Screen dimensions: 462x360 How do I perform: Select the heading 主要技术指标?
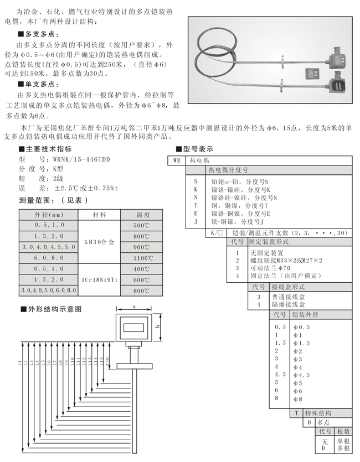(x=49, y=149)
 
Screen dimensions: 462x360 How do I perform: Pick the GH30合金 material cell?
(x=104, y=242)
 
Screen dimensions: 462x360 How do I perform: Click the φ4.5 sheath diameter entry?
(x=301, y=375)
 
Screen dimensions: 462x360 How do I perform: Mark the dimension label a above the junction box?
(x=135, y=305)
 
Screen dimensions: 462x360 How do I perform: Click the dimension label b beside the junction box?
(x=157, y=326)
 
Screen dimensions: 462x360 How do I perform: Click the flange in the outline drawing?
(x=135, y=364)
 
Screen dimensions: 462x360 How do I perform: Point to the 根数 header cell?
(x=343, y=432)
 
